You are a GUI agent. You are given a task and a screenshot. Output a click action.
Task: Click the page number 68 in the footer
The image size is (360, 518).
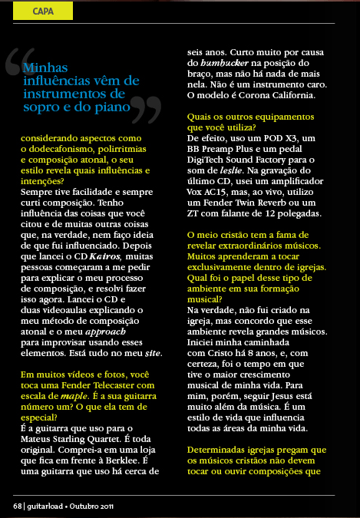point(16,506)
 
